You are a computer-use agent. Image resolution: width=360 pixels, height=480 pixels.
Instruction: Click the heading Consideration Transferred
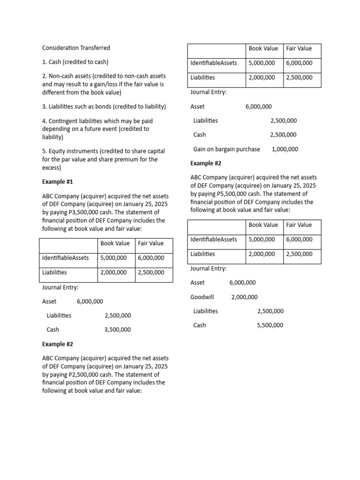coord(76,48)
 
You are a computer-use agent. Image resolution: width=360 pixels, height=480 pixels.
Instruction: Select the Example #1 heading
coord(58,181)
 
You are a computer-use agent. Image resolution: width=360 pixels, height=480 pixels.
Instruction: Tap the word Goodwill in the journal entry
coord(202,297)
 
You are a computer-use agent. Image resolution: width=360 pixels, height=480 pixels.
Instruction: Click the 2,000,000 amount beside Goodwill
coord(244,297)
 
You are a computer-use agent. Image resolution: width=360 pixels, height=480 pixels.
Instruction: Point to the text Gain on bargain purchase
coord(226,149)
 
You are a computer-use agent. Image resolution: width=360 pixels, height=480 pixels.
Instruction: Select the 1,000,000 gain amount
coord(285,149)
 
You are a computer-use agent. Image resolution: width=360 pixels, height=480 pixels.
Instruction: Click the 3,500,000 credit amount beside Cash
coord(118,330)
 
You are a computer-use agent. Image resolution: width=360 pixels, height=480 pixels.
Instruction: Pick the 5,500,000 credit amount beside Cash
coord(270,325)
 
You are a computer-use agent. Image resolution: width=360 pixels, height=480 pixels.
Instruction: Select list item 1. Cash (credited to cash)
coord(75,62)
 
